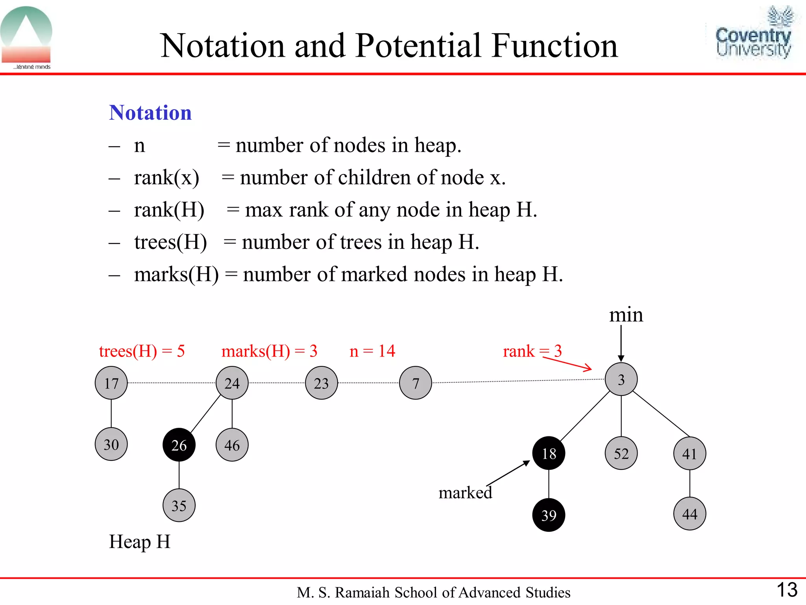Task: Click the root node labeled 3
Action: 621,379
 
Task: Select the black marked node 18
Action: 549,453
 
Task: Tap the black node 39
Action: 549,515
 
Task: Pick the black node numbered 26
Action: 179,445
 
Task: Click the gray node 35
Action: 179,505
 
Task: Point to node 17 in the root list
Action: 111,383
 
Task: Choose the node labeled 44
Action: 690,514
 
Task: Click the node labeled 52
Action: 621,453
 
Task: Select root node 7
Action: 416,383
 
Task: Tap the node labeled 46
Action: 232,445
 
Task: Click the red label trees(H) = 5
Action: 142,351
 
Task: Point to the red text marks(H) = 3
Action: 269,351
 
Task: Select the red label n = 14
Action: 372,351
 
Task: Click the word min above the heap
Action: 626,315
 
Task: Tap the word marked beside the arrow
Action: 465,493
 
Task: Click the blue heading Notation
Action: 150,113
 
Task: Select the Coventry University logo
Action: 753,33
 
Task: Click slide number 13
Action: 787,590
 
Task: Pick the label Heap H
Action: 140,542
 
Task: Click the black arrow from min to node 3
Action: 621,343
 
